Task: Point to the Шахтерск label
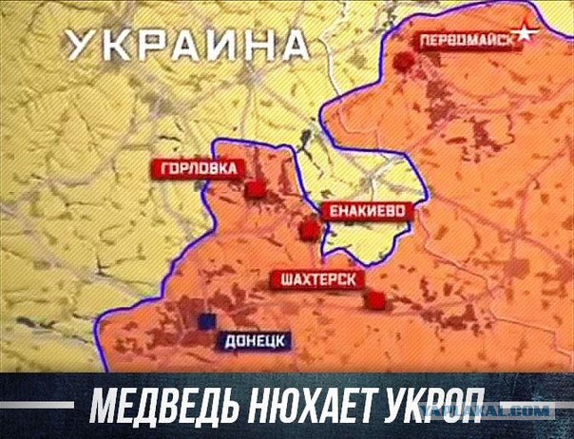(318, 279)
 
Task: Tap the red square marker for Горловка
(254, 190)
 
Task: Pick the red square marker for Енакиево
(308, 231)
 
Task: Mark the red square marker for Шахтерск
(377, 301)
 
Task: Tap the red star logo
(524, 36)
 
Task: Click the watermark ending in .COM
(513, 410)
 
